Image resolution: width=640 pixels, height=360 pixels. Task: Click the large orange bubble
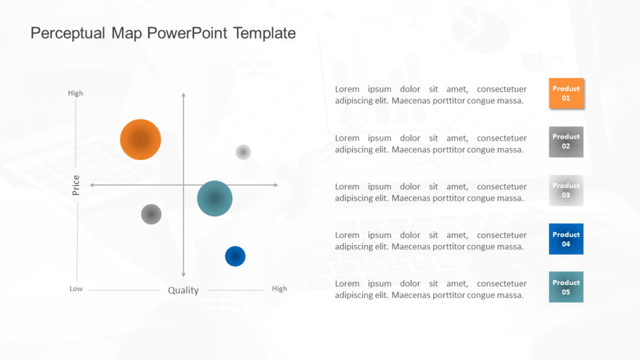coord(141,139)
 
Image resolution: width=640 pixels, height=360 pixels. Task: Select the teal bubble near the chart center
coord(214,199)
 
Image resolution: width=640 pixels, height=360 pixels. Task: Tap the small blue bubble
coord(235,256)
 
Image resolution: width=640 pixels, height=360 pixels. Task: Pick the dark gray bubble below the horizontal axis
coord(151,214)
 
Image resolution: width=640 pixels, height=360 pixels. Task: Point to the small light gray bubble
coord(243,152)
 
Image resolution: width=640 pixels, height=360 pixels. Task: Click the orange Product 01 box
coord(566,94)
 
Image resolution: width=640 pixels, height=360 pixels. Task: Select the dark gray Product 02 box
coord(566,142)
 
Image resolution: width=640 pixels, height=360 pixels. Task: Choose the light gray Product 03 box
coord(566,191)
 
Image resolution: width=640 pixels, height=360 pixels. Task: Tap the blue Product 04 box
coord(566,239)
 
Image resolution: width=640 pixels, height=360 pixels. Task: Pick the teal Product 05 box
coord(566,287)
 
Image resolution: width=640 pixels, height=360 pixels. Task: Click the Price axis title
coord(76,185)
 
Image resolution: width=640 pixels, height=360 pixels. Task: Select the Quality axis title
coord(183,290)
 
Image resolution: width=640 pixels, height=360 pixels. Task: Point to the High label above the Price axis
coord(76,93)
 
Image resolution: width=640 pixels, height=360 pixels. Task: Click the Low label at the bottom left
coord(76,289)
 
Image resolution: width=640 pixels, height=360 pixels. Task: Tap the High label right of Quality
coord(279,289)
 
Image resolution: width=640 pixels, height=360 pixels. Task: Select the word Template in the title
coord(264,33)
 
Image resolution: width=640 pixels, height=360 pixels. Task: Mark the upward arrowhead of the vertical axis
coord(183,95)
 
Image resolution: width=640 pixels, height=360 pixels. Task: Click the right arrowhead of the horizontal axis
coord(275,185)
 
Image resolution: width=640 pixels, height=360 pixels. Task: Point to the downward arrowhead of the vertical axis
coord(183,274)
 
